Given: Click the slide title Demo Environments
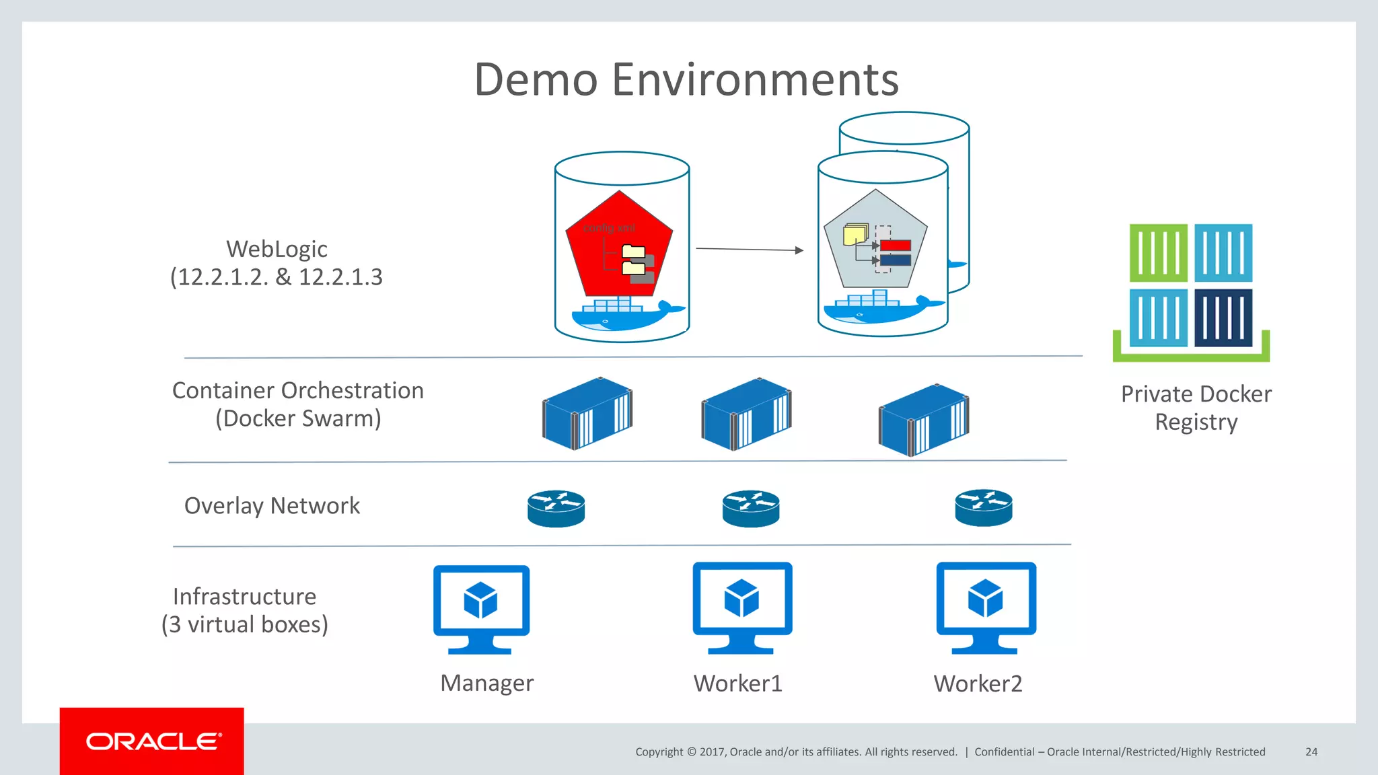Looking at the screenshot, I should pyautogui.click(x=686, y=79).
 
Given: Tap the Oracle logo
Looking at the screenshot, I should pyautogui.click(x=153, y=741).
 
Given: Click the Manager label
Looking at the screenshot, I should pyautogui.click(x=486, y=683).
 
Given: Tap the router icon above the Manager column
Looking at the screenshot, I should pyautogui.click(x=556, y=508).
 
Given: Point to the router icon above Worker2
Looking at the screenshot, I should pyautogui.click(x=983, y=507).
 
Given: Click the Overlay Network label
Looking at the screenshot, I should pyautogui.click(x=272, y=506).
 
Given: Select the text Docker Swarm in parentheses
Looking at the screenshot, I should pyautogui.click(x=298, y=418).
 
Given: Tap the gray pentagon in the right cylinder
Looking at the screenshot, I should pyautogui.click(x=875, y=239).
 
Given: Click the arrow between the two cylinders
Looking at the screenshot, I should pyautogui.click(x=749, y=250).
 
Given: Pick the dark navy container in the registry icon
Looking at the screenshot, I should pyautogui.click(x=1223, y=318).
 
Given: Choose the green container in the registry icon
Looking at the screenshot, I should pyautogui.click(x=1158, y=253).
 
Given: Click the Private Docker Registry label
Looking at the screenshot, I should pyautogui.click(x=1196, y=408).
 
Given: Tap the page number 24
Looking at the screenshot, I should pyautogui.click(x=1311, y=751).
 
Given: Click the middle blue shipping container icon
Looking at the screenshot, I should pyautogui.click(x=746, y=414).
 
